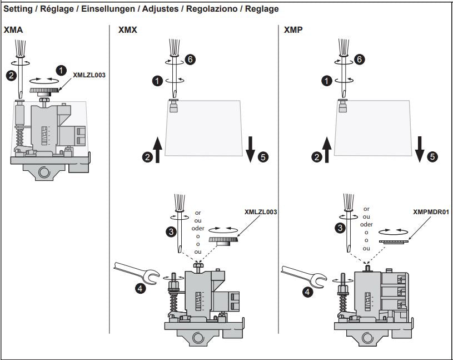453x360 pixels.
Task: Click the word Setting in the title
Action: point(19,9)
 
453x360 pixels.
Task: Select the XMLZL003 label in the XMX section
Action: point(261,212)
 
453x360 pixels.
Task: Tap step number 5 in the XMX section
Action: point(262,157)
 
